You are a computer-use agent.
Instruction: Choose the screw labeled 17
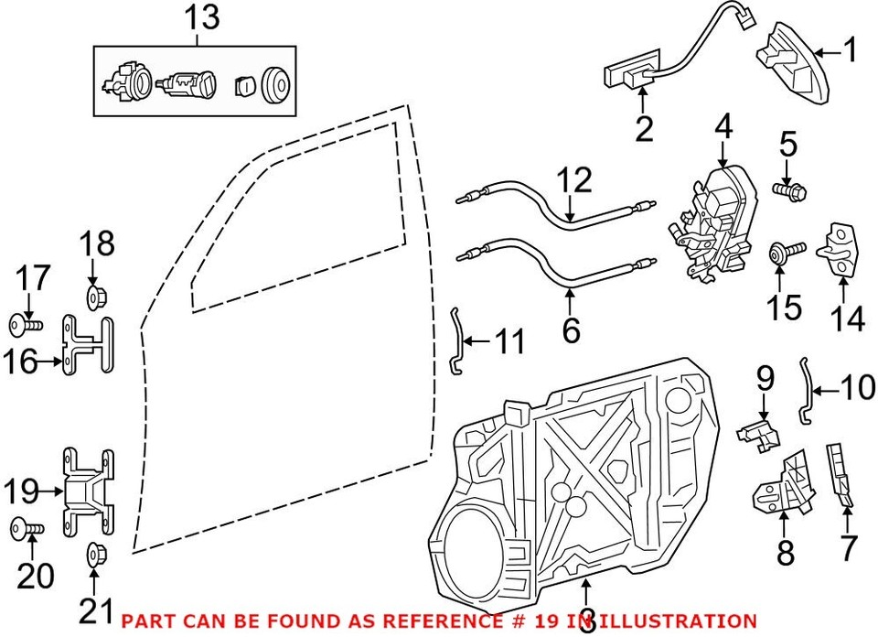point(26,323)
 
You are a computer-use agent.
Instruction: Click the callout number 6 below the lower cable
point(571,329)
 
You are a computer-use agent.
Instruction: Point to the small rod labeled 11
point(457,340)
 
